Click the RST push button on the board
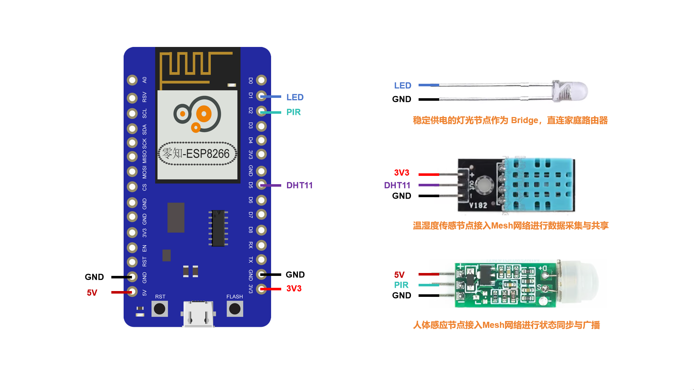click(160, 309)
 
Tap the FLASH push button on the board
click(235, 309)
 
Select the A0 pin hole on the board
click(132, 80)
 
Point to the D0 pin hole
click(261, 80)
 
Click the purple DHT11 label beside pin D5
click(299, 185)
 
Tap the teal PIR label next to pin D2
click(294, 112)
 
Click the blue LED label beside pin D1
click(295, 97)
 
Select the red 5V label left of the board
click(92, 292)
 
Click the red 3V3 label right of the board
click(294, 289)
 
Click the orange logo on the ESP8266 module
click(197, 114)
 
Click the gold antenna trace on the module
click(192, 65)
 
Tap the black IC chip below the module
click(218, 228)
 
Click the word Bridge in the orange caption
click(524, 120)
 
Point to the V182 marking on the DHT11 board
click(478, 205)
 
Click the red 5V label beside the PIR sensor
click(399, 275)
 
